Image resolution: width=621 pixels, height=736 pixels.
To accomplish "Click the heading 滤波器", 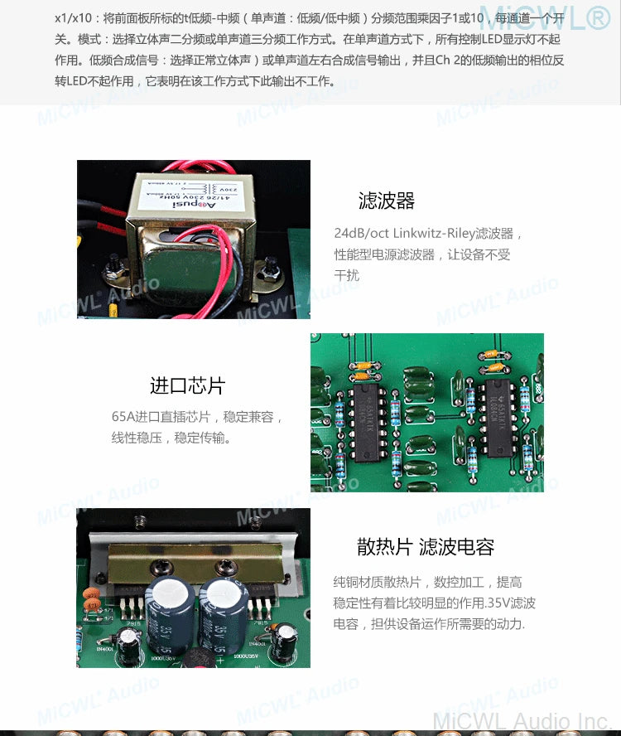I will point(386,201).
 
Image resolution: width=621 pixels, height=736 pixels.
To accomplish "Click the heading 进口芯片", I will point(187,385).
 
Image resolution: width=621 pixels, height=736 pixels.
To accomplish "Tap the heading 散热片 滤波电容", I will point(426,547).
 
